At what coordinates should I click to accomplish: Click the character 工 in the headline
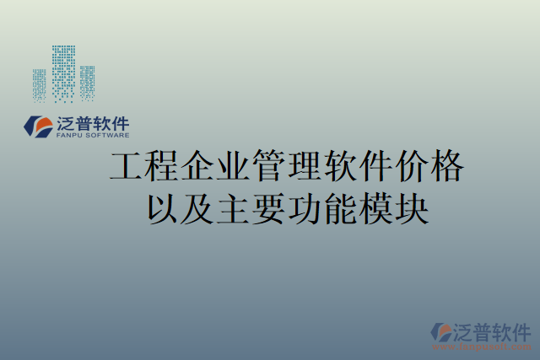tap(127, 168)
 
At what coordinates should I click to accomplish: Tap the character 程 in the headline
tap(163, 168)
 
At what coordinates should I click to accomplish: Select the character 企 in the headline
tap(198, 168)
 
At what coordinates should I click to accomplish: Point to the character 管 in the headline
tap(269, 168)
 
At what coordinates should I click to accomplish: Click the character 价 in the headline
tap(411, 168)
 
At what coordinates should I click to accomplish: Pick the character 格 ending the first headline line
tap(446, 168)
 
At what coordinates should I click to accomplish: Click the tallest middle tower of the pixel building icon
tap(63, 73)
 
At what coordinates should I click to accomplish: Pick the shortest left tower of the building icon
tap(39, 84)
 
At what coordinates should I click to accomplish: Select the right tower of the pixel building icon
tap(87, 82)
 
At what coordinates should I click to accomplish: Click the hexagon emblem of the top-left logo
tap(37, 126)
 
